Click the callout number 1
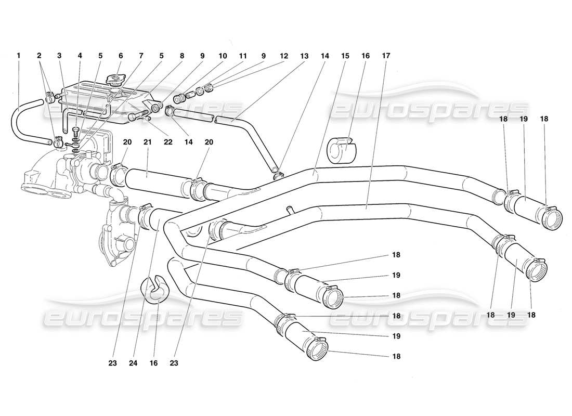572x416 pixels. (19, 55)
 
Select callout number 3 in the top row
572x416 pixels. (59, 55)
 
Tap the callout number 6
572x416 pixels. (120, 55)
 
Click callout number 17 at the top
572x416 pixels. (385, 55)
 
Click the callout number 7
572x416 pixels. (140, 55)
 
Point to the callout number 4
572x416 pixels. (80, 55)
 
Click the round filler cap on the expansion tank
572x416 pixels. (114, 79)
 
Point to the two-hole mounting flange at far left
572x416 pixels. (42, 185)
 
